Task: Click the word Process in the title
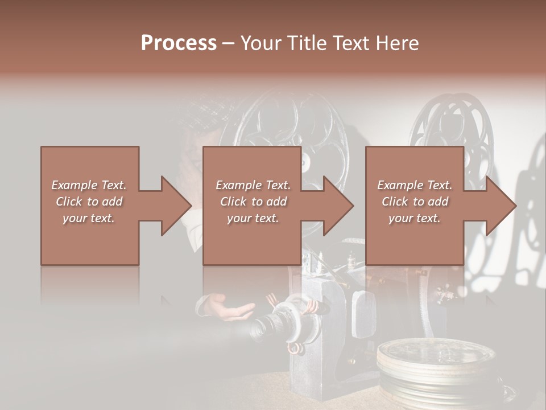pos(179,43)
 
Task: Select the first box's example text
pos(89,201)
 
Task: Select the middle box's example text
pos(253,201)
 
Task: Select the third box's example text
pos(414,201)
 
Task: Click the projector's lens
pos(267,325)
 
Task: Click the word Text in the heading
pos(351,43)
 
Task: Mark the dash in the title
pos(228,43)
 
